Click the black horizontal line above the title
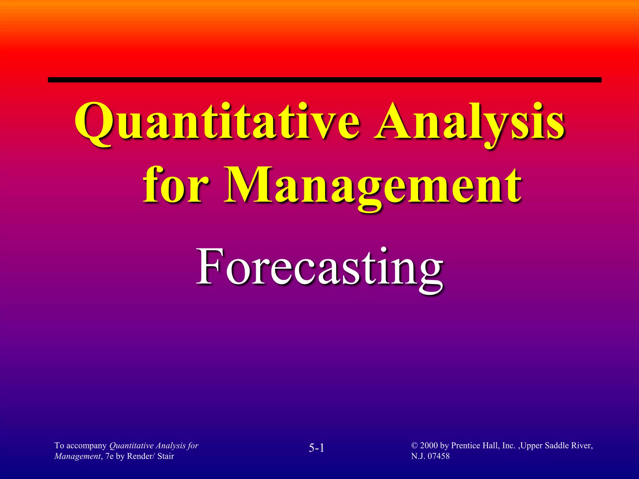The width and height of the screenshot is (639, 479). click(x=324, y=80)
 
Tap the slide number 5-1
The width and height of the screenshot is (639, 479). click(x=316, y=448)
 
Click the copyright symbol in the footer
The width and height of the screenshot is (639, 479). click(x=414, y=446)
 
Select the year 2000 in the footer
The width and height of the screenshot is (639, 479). click(x=429, y=446)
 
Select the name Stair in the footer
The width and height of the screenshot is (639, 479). click(x=166, y=456)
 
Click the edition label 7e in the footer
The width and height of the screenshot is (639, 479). click(x=110, y=456)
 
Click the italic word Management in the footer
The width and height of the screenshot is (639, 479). click(x=77, y=456)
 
